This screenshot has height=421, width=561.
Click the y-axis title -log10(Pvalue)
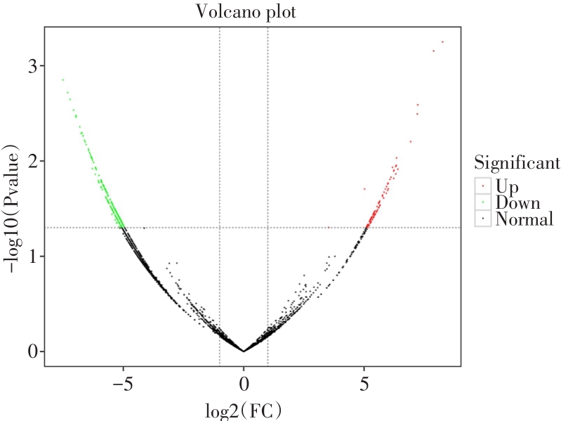tap(13, 208)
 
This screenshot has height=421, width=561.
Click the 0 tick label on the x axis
tap(244, 385)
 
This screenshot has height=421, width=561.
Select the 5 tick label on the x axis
tap(364, 385)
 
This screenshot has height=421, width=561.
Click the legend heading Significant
tap(517, 164)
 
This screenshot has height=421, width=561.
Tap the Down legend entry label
tap(517, 203)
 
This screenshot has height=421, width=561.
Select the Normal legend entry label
tap(524, 220)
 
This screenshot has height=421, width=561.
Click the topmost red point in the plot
tap(442, 42)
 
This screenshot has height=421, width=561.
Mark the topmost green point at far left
tap(62, 80)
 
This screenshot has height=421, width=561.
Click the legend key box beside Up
tap(482, 186)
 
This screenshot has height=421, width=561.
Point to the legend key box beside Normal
tap(482, 219)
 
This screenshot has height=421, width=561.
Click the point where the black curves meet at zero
tap(244, 351)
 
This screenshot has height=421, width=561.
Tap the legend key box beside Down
tap(482, 202)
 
